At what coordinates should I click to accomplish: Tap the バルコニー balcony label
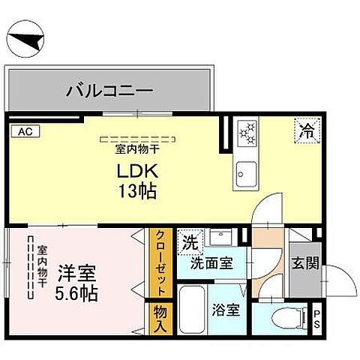point(110,92)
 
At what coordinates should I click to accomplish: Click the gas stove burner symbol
point(247,134)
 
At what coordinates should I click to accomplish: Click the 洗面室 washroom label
point(211,263)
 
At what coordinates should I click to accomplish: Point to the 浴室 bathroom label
point(226,309)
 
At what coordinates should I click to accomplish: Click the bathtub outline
point(191,311)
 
